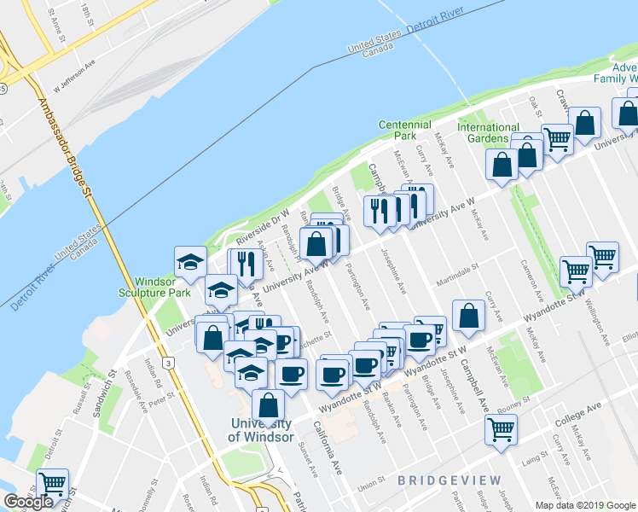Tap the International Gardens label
[488, 133]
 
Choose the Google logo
[28, 502]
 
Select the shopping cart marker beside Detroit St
[52, 484]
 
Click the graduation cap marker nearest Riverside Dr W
[190, 261]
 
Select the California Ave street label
[326, 447]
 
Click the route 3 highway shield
[171, 364]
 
